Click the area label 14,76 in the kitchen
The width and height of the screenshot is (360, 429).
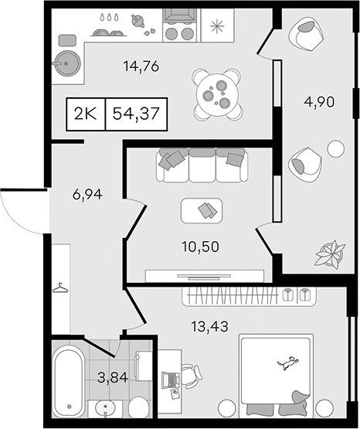[141, 66]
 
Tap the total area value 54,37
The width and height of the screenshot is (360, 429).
[136, 114]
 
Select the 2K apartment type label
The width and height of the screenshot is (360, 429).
[86, 114]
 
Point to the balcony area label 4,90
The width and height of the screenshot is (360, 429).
[319, 102]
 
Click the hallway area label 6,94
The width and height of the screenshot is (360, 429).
[87, 195]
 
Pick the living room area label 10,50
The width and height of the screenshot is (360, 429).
[200, 247]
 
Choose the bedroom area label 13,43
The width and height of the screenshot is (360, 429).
[209, 326]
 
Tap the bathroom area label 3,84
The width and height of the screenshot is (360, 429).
[113, 378]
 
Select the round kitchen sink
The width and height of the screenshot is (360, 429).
[67, 63]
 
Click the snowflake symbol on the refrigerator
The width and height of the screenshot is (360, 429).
[217, 26]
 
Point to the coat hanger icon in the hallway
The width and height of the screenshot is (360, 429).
[60, 288]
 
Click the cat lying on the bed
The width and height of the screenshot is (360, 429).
[288, 363]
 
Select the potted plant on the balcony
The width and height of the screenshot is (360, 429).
[331, 254]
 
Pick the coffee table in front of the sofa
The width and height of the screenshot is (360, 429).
[202, 211]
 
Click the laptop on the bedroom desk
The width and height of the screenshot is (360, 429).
[170, 380]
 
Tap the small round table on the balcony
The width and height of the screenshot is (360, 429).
[336, 149]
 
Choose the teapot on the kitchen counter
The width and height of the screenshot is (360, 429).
[138, 21]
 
